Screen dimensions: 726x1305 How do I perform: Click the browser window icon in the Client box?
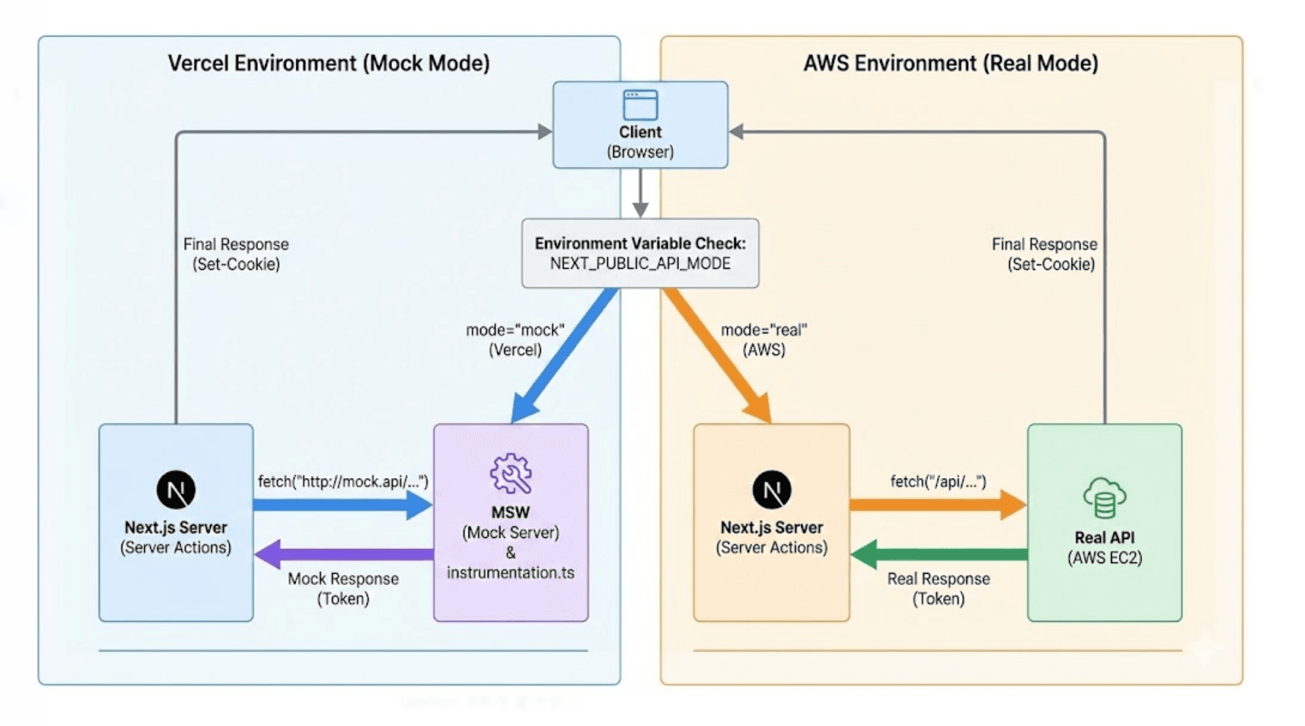[640, 105]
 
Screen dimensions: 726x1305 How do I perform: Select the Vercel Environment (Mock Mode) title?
[329, 63]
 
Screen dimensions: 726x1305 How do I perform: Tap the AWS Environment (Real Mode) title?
[950, 63]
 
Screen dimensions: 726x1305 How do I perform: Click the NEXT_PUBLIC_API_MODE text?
[640, 264]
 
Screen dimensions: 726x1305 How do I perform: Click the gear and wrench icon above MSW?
[510, 473]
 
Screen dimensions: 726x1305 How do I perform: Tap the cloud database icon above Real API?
[1104, 497]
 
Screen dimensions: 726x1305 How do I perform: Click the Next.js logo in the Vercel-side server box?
[176, 490]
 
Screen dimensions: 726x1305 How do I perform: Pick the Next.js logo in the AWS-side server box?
[771, 490]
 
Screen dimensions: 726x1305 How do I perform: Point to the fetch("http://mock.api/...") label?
[343, 481]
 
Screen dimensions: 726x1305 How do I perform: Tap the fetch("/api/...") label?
[938, 481]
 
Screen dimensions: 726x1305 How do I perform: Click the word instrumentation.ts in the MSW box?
[510, 572]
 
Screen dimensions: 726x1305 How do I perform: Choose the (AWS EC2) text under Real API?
[1104, 558]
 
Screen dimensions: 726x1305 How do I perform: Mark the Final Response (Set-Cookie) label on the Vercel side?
[236, 254]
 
